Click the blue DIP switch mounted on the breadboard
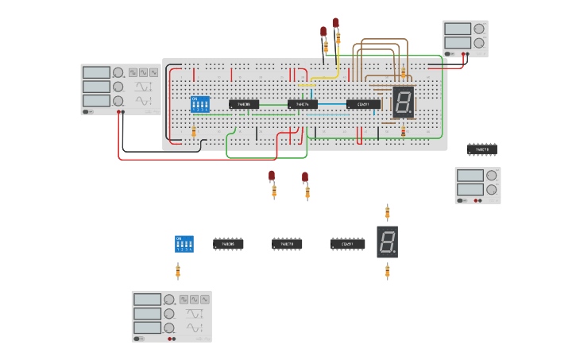(x=199, y=104)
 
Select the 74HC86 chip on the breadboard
(x=244, y=104)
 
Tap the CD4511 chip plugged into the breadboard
(x=362, y=104)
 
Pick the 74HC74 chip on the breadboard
(x=302, y=104)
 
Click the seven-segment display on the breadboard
(x=403, y=102)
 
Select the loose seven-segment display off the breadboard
(x=387, y=242)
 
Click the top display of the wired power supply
(x=458, y=29)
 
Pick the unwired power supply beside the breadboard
(x=477, y=184)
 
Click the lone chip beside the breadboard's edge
(x=481, y=149)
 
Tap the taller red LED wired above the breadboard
(x=336, y=22)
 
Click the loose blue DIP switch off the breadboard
(x=184, y=243)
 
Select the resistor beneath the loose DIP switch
(x=178, y=272)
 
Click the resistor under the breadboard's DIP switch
(x=194, y=131)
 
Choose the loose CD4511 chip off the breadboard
(x=347, y=244)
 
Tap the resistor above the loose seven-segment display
(x=388, y=212)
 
